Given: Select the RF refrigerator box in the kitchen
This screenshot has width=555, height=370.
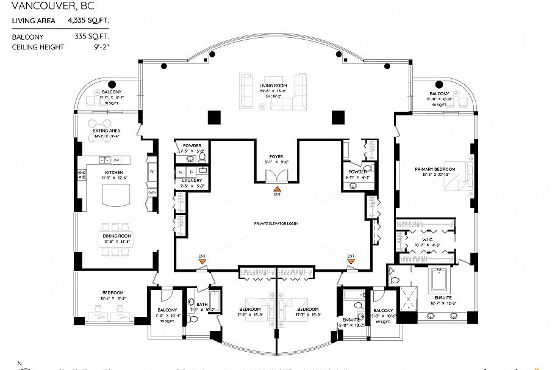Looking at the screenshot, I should click(x=152, y=172).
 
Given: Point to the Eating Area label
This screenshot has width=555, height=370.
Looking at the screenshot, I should click(x=106, y=131).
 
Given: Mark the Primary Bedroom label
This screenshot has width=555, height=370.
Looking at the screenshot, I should click(x=434, y=169).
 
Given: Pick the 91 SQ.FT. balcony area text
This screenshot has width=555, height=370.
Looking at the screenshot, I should click(x=110, y=103).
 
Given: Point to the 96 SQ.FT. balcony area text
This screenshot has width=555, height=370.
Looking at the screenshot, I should click(x=439, y=104).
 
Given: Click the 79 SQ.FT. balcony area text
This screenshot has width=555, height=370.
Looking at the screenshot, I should click(x=167, y=321).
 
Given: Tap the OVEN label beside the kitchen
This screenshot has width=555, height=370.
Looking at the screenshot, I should click(x=152, y=192).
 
